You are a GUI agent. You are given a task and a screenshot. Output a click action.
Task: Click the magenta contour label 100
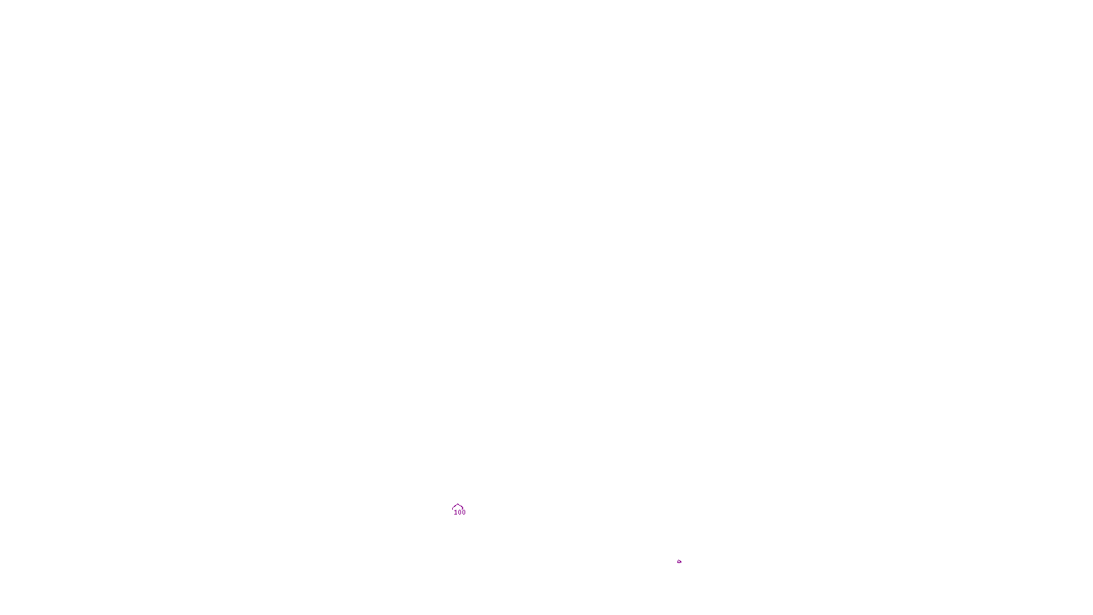[460, 512]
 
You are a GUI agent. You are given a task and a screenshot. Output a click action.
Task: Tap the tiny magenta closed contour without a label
[679, 562]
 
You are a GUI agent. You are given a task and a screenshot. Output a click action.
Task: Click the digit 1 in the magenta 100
[456, 512]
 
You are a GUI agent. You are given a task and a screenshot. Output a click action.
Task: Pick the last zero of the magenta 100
[464, 512]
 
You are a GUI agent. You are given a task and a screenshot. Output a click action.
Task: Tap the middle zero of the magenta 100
[460, 512]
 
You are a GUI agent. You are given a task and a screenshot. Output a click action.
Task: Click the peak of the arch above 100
[458, 505]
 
